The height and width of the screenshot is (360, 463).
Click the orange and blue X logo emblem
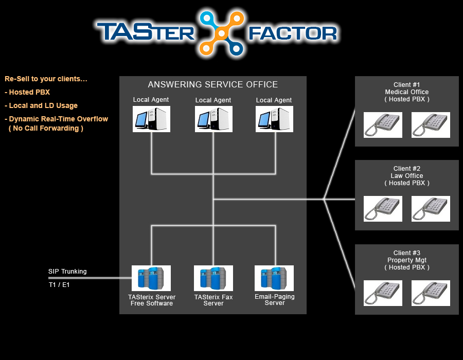221,33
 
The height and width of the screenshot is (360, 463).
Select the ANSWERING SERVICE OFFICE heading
213,85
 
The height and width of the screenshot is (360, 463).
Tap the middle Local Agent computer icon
213,119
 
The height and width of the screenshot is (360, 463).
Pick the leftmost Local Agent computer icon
151,119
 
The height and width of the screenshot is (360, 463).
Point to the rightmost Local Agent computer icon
274,119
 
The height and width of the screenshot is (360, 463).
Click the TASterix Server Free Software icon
151,278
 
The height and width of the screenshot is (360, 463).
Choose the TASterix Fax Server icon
213,278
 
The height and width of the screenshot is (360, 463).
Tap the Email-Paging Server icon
274,278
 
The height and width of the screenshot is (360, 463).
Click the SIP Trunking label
67,272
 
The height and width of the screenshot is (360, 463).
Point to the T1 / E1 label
59,284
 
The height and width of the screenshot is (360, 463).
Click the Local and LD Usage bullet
41,105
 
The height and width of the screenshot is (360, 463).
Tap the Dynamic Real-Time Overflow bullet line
57,119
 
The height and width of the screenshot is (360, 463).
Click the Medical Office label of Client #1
407,92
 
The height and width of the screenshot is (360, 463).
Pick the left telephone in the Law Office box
383,209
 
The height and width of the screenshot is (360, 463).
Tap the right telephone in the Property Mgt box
431,293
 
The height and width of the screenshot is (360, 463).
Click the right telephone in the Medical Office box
431,125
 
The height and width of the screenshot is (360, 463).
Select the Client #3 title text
407,253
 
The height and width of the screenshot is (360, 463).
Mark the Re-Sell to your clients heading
46,79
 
